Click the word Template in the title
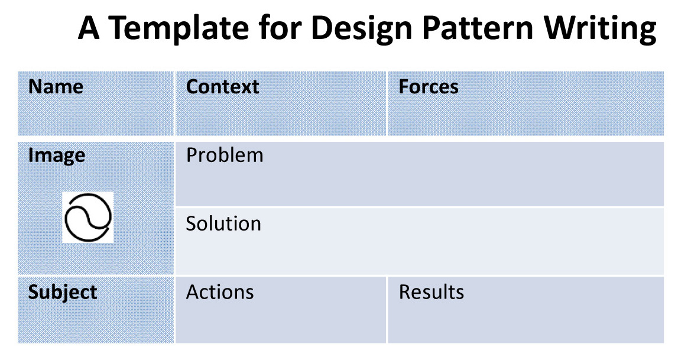179,28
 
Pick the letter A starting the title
89,28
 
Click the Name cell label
56,87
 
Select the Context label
222,87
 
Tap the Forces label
428,87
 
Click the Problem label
225,155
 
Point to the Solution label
223,224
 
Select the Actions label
220,292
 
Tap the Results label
431,292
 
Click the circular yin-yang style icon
66,218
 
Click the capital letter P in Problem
191,155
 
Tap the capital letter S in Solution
191,224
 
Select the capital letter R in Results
404,292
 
